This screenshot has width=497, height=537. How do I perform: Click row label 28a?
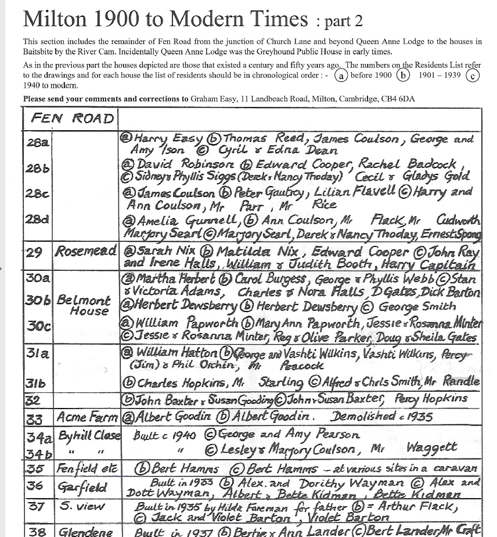(x=37, y=142)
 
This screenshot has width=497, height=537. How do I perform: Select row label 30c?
(x=38, y=325)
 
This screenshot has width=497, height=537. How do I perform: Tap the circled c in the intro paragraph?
(x=473, y=76)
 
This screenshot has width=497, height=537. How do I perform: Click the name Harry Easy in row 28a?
(x=168, y=139)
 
